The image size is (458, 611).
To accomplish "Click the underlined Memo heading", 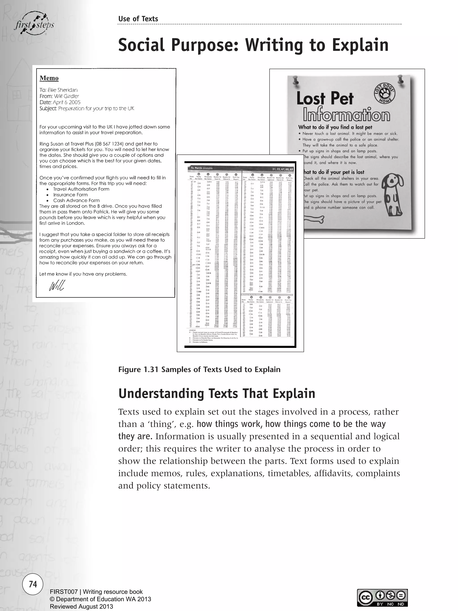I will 49,78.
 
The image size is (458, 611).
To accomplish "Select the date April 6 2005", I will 67,102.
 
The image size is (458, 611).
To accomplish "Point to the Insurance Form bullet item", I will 70,195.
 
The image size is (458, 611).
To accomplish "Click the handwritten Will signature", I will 57,286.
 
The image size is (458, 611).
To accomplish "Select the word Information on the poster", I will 346,115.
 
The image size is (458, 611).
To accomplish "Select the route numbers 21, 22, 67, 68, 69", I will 282,169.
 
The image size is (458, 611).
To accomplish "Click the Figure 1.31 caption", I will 199,370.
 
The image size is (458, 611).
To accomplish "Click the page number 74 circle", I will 33,584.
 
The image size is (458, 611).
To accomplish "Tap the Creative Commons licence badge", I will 382,598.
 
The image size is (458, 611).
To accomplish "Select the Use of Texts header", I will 138,19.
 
